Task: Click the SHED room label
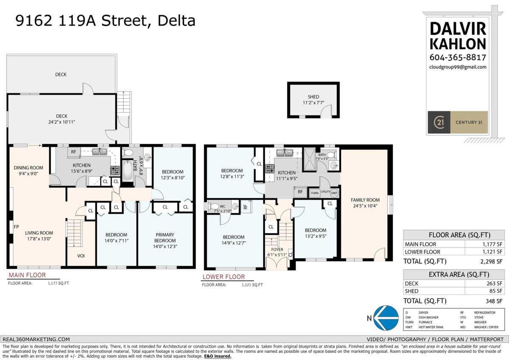313,97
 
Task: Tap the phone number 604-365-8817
458,57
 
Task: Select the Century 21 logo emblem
439,122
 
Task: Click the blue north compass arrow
386,318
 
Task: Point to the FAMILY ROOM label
365,200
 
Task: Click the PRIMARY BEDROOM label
165,237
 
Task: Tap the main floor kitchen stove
115,170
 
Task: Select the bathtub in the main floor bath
128,171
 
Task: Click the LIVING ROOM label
39,233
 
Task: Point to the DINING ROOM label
28,168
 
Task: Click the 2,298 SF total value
491,262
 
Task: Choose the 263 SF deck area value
494,284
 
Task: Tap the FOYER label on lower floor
277,250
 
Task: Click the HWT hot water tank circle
334,193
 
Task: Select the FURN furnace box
315,193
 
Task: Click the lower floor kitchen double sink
285,152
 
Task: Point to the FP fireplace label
16,227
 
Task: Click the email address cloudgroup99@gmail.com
458,67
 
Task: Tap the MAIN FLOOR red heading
27,275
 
